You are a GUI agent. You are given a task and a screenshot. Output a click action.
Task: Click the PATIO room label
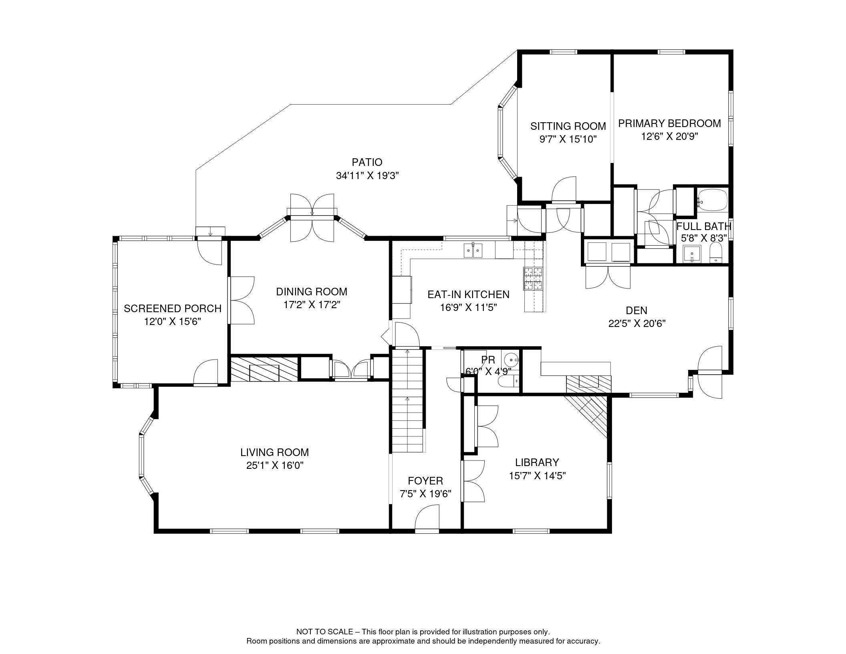click(x=367, y=162)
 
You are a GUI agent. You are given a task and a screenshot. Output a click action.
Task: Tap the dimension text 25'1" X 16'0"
click(x=275, y=466)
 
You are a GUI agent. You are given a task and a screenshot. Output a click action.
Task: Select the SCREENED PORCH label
click(x=173, y=309)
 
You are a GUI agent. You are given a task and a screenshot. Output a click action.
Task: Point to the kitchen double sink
click(x=473, y=250)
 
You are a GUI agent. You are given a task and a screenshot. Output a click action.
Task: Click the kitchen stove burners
click(x=533, y=279)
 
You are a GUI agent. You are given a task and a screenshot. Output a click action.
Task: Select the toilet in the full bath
click(x=716, y=254)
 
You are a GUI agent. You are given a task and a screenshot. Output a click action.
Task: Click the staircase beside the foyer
click(x=408, y=400)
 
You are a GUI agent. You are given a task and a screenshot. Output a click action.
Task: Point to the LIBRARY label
click(x=537, y=462)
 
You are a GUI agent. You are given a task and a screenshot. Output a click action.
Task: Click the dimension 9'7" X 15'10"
click(x=568, y=139)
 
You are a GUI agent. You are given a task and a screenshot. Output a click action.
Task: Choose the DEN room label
click(x=637, y=310)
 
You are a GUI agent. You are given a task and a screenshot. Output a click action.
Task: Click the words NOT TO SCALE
click(x=324, y=632)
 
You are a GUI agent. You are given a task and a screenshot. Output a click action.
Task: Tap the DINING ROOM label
click(x=312, y=292)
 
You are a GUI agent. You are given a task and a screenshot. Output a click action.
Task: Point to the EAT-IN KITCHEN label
click(x=468, y=295)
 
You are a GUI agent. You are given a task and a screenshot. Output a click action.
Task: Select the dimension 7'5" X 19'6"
click(x=425, y=494)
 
